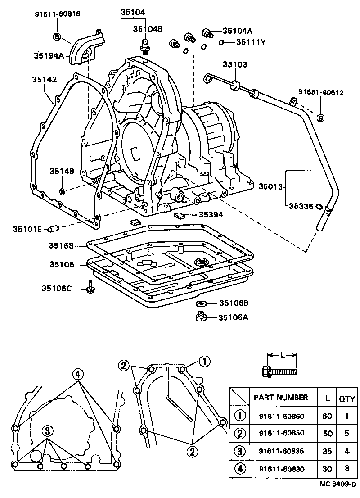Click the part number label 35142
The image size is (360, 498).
coord(44,80)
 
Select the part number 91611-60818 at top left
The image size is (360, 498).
coord(58,14)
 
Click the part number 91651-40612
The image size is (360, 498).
coord(321,93)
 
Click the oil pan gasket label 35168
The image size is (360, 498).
coord(62,246)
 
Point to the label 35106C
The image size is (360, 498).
coord(56,288)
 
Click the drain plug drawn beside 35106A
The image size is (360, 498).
coord(201,317)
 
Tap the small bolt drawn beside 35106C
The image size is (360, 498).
coord(90,286)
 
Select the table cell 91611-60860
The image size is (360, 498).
coord(282,416)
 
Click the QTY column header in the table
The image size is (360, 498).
coord(346,398)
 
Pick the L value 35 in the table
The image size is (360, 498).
coord(327,451)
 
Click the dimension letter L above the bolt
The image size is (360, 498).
coord(282,355)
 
